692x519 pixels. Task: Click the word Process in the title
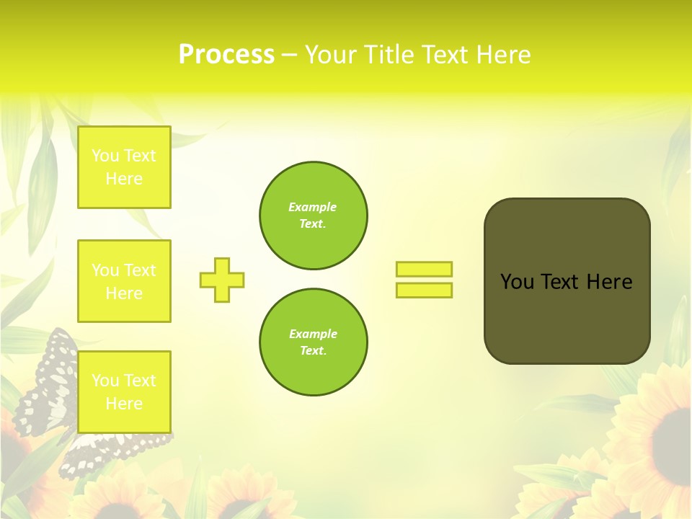pos(226,55)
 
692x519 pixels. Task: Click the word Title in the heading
pos(391,55)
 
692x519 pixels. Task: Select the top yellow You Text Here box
pos(124,167)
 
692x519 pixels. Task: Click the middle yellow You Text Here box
pos(124,281)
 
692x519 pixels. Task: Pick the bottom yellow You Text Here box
pos(124,391)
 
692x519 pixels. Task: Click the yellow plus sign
pos(222,280)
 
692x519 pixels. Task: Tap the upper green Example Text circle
pos(313,216)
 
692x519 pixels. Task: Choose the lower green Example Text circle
pos(313,342)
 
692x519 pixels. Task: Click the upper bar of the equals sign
pos(424,269)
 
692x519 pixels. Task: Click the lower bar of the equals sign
pos(424,290)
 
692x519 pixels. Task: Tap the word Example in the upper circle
pos(313,207)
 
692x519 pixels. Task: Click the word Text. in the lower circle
pos(313,350)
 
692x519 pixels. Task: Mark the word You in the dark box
pos(518,282)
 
